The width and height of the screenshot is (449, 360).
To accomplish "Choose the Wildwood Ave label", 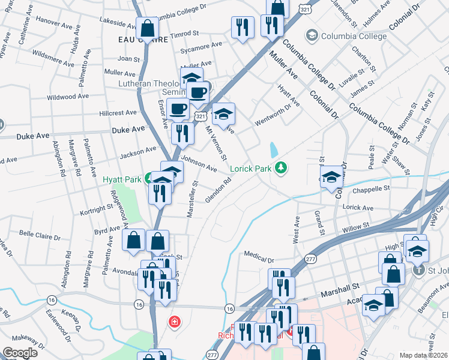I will (x=69, y=96).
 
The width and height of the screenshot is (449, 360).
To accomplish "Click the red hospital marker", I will (x=175, y=322).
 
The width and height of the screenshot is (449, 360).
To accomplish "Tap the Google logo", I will (x=20, y=353).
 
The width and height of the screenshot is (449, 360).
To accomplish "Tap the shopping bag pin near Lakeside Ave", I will (x=147, y=28).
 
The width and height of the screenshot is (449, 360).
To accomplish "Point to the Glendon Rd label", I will (x=218, y=190).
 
